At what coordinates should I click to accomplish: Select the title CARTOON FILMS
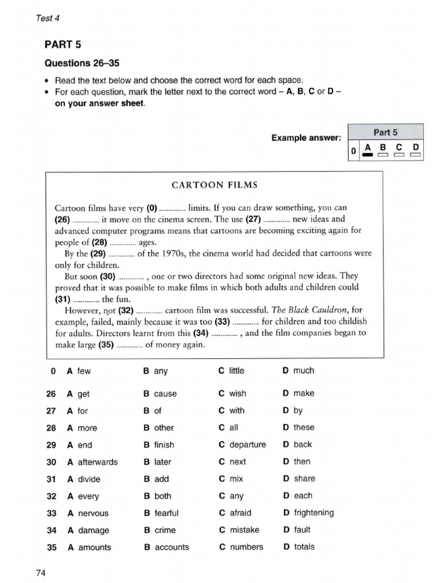tap(215, 185)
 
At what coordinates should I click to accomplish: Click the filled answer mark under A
tap(368, 154)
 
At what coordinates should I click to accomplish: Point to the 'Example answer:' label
tap(306, 138)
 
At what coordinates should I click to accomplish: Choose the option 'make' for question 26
tap(304, 393)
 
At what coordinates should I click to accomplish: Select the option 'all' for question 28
tap(233, 428)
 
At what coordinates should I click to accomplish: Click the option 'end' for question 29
tap(84, 445)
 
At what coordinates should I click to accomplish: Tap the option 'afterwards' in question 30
tap(97, 462)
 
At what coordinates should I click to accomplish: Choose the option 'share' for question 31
tap(304, 479)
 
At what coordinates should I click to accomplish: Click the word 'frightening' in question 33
tap(314, 513)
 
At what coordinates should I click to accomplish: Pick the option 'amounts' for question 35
tap(94, 547)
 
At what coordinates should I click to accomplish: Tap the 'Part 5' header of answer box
tap(385, 132)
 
